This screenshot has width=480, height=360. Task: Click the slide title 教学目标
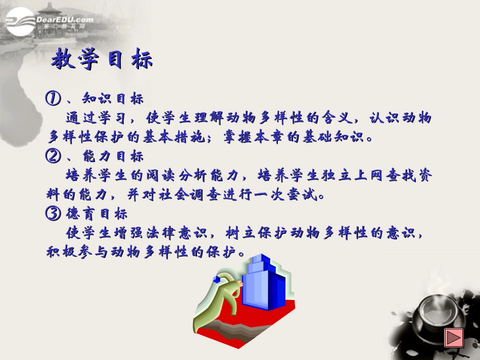coord(102,60)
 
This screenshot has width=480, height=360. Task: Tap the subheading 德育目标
coord(95,214)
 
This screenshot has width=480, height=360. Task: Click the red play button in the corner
coord(454,337)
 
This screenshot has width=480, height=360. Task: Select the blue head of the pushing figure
coord(216,279)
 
